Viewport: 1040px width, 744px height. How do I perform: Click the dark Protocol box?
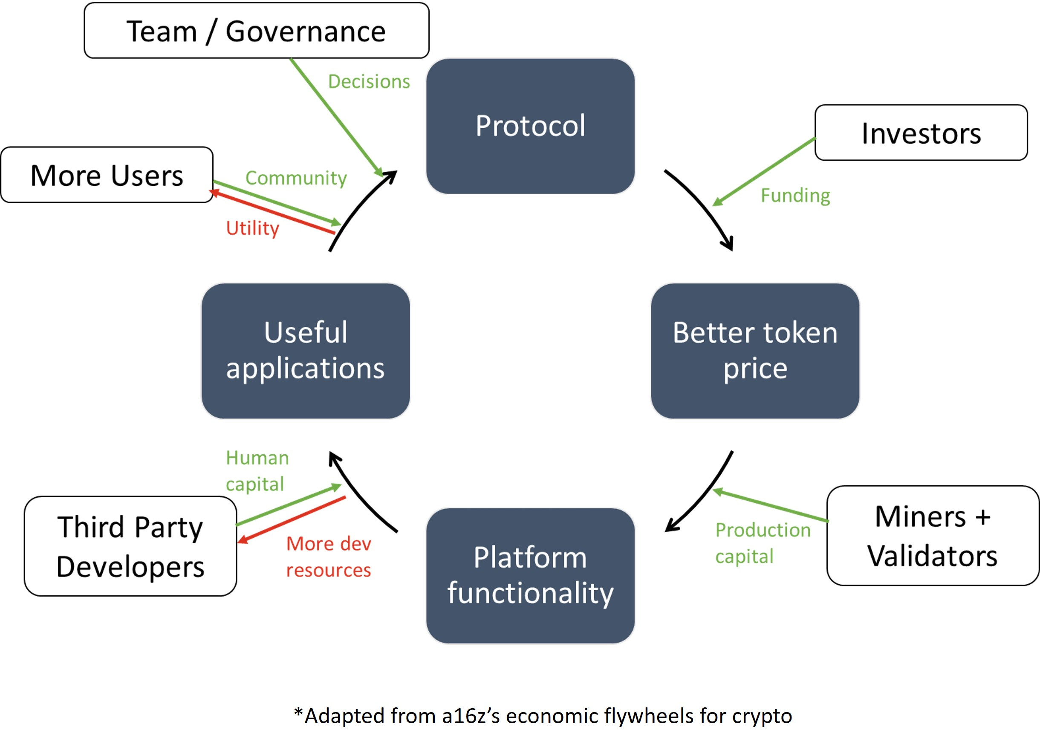(x=530, y=126)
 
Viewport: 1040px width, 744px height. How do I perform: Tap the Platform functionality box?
(x=530, y=575)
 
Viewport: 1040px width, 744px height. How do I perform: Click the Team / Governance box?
(x=257, y=30)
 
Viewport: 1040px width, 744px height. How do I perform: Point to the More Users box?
(x=107, y=175)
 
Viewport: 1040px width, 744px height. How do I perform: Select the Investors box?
(x=921, y=133)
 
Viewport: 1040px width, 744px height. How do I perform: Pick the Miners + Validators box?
(x=933, y=536)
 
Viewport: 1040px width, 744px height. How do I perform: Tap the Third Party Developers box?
(x=130, y=546)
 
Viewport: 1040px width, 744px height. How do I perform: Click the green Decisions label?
(x=369, y=81)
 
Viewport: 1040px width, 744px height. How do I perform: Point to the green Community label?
(x=296, y=178)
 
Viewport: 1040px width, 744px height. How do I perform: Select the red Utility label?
(x=252, y=228)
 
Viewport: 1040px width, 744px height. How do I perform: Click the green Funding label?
(x=795, y=196)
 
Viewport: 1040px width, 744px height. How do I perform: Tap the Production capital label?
(x=763, y=543)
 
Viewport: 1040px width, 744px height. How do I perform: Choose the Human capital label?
(x=257, y=470)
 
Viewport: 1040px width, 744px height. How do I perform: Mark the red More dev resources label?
(x=329, y=557)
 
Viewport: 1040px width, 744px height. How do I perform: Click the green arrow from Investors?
(x=764, y=171)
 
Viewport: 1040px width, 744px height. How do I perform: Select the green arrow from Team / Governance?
(x=337, y=118)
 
